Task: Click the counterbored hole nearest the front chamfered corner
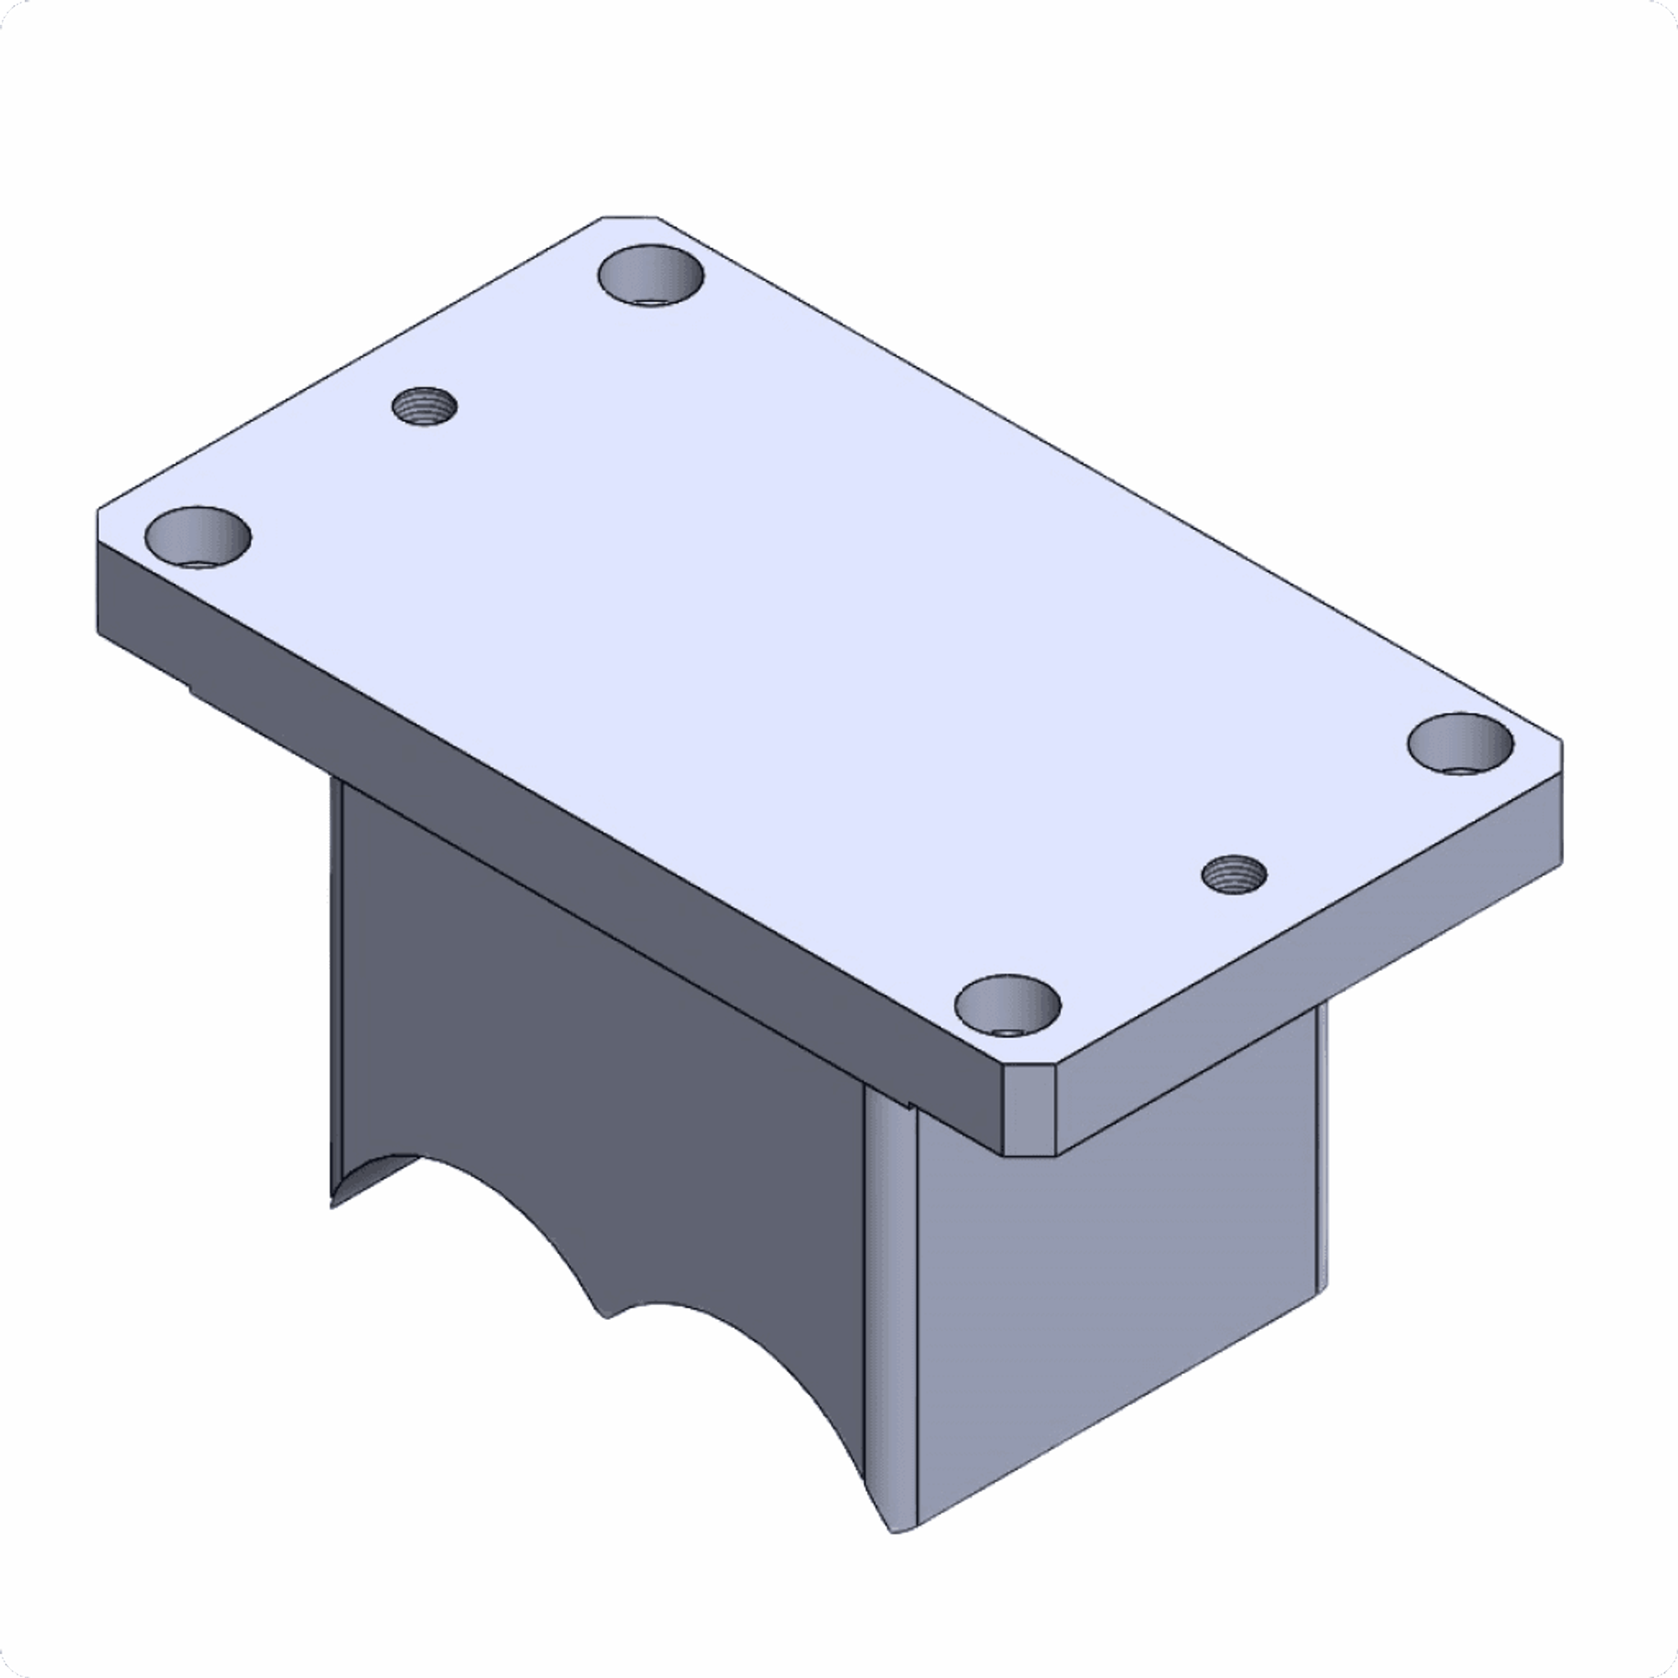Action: pos(1007,1006)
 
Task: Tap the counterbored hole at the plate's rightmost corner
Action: pos(1460,744)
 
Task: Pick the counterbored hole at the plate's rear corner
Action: pos(651,274)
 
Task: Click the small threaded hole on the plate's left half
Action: pos(424,406)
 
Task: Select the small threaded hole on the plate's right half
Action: pos(1233,873)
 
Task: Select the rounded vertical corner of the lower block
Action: pos(891,1303)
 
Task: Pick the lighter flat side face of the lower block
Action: pos(1120,1303)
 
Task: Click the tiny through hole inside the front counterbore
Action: pos(1007,1032)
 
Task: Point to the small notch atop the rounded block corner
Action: pos(908,1104)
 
